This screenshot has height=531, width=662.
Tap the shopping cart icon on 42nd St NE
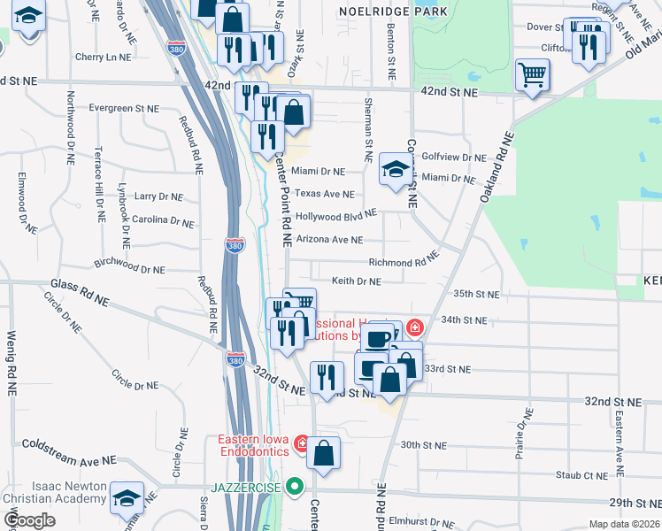532,75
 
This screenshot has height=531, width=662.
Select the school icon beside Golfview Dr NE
396,168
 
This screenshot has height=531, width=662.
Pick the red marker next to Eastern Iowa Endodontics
301,441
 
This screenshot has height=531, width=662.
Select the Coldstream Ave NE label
69,452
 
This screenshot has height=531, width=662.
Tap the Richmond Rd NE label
404,262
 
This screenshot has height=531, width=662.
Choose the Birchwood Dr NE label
129,265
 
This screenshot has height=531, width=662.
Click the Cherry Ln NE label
103,57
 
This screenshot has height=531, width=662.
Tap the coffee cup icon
378,337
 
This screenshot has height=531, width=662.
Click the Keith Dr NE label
356,281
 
